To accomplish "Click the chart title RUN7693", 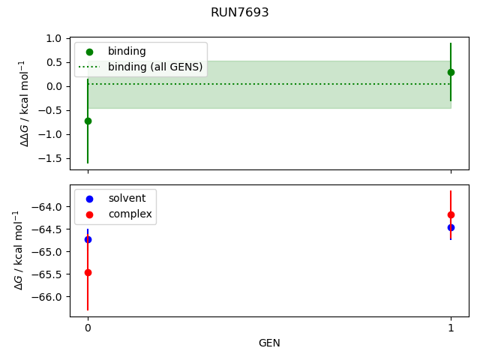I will coord(240,13).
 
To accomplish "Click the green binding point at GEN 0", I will coord(88,121).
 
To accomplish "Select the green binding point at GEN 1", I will coord(451,72).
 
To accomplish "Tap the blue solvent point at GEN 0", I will coord(88,239).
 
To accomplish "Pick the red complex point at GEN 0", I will coord(88,272).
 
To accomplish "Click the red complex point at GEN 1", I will coord(451,214).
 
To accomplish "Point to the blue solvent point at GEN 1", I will coord(451,227).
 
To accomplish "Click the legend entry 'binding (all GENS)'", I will coord(154,67).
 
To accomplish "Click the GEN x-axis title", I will coord(269,343).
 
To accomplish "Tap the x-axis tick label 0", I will coord(88,328).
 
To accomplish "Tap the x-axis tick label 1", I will coord(451,328).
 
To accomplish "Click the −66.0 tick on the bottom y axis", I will coord(47,297).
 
